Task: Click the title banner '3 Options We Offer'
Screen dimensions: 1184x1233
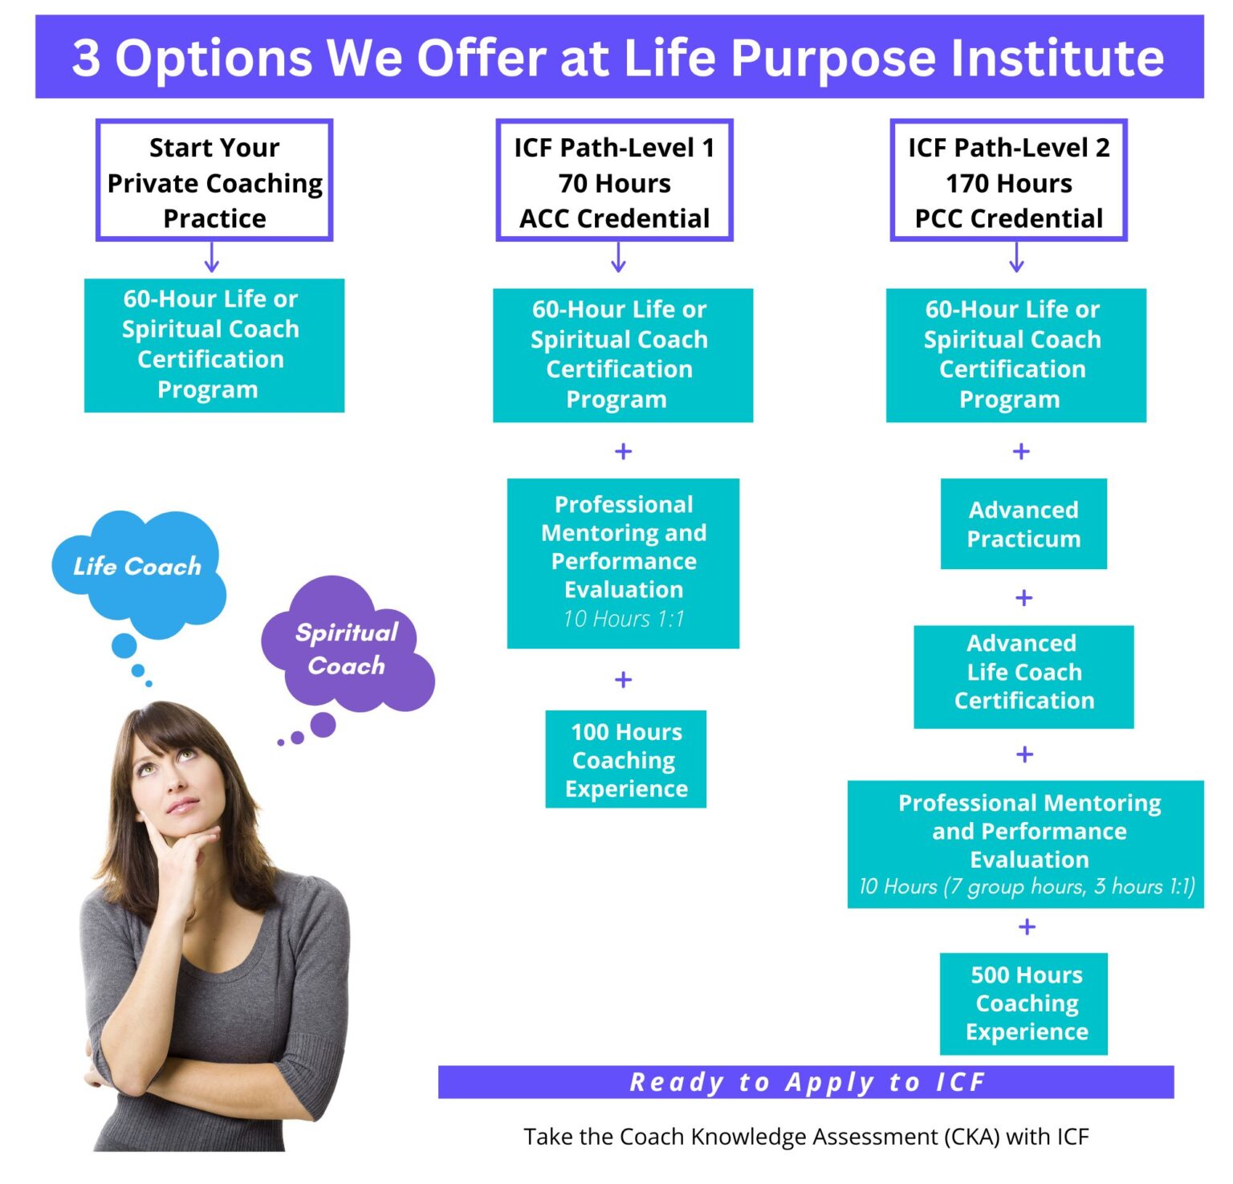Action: [618, 58]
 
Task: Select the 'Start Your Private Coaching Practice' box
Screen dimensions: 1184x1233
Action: [214, 181]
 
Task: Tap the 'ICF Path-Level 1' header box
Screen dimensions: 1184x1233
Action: [614, 181]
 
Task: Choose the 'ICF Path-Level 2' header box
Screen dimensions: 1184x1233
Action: [1008, 181]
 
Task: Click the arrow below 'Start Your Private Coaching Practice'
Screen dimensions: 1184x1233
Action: [212, 258]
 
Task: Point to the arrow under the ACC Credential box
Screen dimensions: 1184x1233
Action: [618, 258]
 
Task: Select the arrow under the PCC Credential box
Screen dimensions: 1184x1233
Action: [1016, 258]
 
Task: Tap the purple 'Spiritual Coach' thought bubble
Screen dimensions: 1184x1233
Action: [347, 649]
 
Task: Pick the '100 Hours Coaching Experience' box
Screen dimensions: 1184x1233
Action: [625, 759]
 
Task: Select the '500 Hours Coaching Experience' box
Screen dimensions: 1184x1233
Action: [1025, 1003]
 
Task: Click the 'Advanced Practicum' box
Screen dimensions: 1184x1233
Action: [1023, 524]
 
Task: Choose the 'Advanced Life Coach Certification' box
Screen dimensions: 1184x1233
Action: [1023, 672]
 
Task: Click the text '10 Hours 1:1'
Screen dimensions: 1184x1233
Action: [624, 619]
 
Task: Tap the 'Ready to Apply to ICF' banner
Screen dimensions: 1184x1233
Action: [806, 1082]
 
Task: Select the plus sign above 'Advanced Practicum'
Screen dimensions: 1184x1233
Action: [1021, 452]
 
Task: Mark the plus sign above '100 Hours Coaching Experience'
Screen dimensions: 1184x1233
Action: [623, 680]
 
